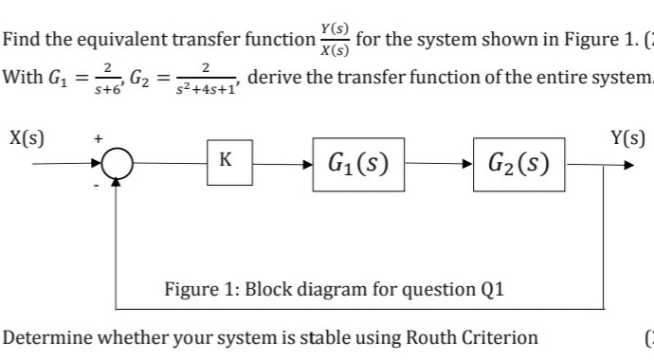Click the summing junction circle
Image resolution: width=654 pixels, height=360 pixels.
(117, 166)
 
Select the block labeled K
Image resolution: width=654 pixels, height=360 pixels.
(224, 160)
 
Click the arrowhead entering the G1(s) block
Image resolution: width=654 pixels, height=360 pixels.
(309, 166)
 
